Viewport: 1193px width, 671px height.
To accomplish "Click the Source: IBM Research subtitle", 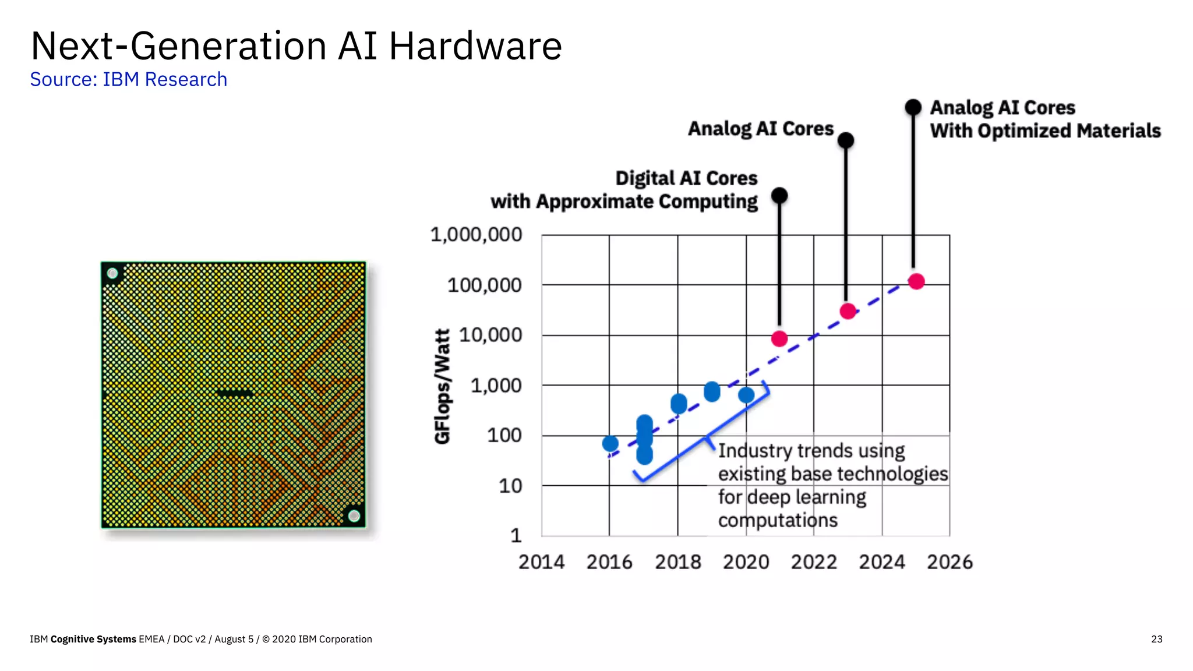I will click(128, 79).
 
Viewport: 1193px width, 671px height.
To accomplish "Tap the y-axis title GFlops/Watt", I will click(443, 386).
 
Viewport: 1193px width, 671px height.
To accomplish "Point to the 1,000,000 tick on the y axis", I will click(476, 235).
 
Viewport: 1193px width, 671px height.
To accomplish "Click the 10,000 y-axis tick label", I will click(490, 335).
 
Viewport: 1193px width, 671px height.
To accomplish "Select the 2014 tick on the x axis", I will click(541, 562).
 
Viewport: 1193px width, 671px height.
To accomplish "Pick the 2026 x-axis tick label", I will click(950, 562).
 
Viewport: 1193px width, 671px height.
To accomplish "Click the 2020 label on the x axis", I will click(746, 562).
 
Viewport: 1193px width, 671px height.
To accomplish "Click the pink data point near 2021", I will click(779, 338).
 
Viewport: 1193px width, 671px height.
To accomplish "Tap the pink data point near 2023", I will click(848, 311).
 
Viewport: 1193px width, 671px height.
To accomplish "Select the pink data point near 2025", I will click(916, 281).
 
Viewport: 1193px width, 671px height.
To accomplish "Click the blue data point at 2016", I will click(610, 444).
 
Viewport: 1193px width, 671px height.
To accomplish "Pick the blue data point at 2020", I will click(746, 395).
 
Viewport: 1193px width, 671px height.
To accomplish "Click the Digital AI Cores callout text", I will click(624, 190).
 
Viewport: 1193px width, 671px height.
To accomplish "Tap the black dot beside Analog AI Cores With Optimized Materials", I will click(913, 107).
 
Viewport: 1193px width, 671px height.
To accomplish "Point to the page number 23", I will click(1156, 639).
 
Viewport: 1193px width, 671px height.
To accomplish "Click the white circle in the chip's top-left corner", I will click(112, 273).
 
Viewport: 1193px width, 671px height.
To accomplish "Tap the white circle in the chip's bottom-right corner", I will click(354, 515).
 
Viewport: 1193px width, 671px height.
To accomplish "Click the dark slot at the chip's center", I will click(235, 393).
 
